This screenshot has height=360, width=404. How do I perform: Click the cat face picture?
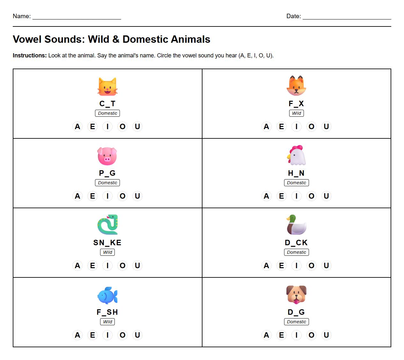click(107, 86)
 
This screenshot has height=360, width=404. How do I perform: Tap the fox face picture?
click(296, 86)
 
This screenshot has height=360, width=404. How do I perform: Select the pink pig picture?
click(107, 156)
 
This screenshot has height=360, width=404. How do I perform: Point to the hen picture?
click(296, 156)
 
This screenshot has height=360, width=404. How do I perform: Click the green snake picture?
click(107, 225)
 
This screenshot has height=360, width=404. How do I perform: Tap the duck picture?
click(296, 225)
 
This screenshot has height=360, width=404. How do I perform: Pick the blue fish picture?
click(107, 295)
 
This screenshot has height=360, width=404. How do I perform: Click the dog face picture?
click(296, 295)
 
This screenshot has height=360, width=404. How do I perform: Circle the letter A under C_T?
click(77, 127)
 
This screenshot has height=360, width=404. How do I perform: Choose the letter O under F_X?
click(312, 127)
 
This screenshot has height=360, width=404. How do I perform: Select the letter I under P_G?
click(107, 196)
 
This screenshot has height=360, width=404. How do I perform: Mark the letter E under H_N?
click(281, 196)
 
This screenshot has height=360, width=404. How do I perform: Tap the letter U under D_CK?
click(326, 266)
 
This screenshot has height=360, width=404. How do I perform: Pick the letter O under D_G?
click(312, 335)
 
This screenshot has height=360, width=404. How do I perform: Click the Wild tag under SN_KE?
click(107, 252)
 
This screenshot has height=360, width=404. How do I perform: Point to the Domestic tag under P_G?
click(107, 183)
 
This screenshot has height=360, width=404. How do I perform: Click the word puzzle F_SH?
click(107, 312)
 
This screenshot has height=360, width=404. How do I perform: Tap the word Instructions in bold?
click(30, 55)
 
